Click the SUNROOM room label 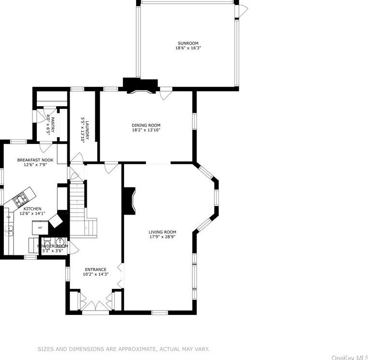[x=187, y=43]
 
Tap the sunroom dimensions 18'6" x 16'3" [x=187, y=48]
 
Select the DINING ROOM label [x=146, y=125]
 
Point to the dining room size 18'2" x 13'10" [x=146, y=130]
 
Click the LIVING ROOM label [x=162, y=232]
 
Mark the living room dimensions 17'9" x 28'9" [x=162, y=237]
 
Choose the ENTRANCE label [x=95, y=269]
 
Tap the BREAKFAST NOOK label [x=35, y=160]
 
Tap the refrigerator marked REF [x=41, y=227]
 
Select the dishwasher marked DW [x=8, y=217]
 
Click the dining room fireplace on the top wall [x=140, y=86]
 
